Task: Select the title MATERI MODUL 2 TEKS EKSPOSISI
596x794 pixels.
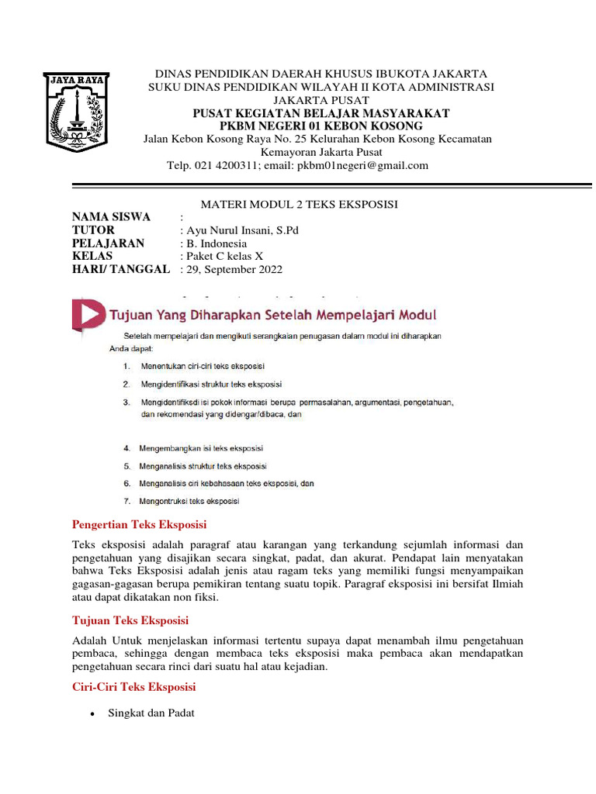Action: (x=299, y=204)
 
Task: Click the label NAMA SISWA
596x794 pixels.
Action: (x=111, y=216)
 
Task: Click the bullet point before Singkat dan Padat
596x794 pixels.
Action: (x=93, y=714)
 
